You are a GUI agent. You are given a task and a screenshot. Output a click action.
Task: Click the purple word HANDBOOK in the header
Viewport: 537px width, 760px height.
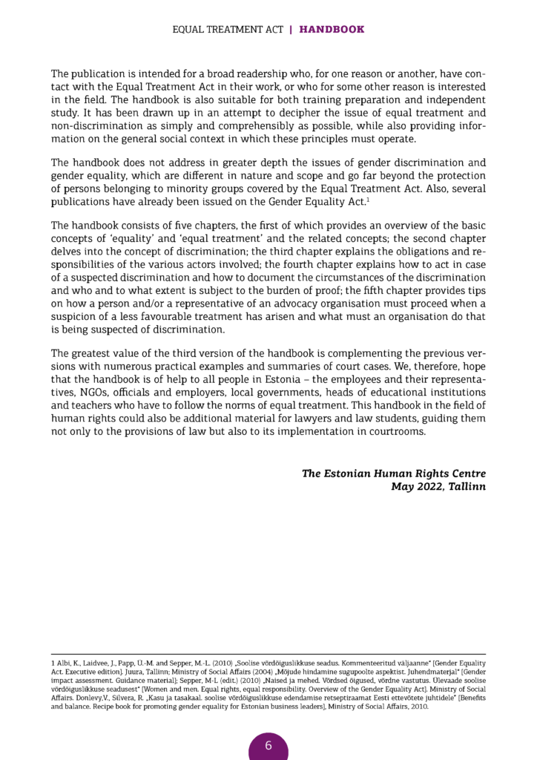(x=332, y=30)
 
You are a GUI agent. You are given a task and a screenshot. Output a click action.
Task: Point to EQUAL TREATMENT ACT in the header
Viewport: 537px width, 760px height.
(x=227, y=30)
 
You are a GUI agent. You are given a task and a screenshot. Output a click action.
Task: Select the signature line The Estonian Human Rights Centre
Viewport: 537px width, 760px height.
(x=393, y=473)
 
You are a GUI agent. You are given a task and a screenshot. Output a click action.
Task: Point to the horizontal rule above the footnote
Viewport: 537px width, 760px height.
(x=268, y=654)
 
